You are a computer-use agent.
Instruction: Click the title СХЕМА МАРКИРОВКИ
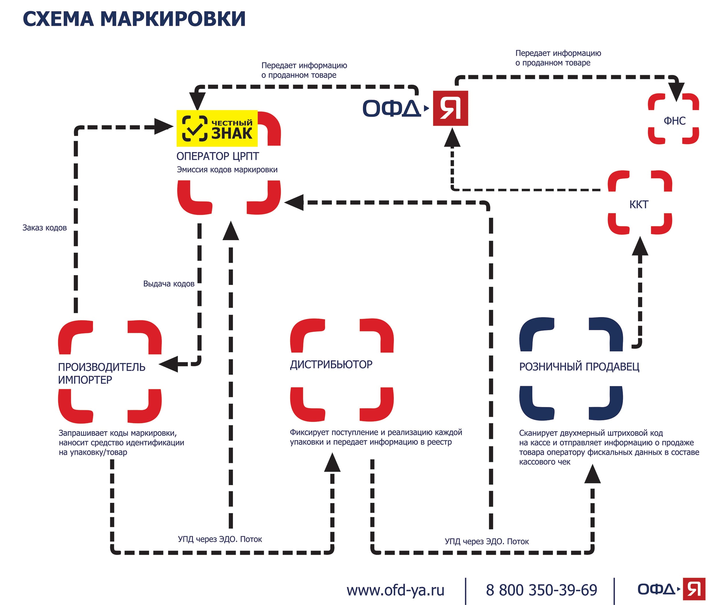(134, 19)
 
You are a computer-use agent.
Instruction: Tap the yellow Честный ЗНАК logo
(217, 128)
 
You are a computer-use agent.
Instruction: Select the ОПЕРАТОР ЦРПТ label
(218, 156)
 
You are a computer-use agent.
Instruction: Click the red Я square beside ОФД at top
(450, 108)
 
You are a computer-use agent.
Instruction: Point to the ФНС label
(675, 121)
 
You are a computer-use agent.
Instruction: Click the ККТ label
(639, 205)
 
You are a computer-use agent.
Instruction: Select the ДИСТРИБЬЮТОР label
(331, 364)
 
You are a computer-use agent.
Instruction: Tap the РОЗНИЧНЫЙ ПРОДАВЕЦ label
(579, 367)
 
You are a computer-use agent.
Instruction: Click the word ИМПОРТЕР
(85, 380)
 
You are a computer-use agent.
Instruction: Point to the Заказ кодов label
(44, 228)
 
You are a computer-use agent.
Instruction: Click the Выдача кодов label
(169, 284)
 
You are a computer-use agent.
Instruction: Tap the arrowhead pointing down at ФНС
(676, 92)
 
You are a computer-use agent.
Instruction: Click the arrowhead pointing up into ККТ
(640, 246)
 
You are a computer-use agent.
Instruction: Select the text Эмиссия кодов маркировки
(227, 170)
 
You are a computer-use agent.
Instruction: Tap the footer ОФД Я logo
(671, 589)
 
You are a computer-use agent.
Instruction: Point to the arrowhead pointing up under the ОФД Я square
(452, 137)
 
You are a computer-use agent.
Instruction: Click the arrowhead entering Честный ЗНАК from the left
(164, 127)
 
